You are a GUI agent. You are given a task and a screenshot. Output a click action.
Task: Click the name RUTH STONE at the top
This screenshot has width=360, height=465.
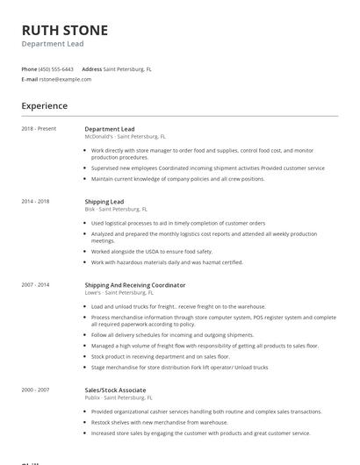pyautogui.click(x=65, y=31)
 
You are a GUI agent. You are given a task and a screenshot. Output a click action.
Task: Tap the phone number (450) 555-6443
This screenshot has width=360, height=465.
pyautogui.click(x=57, y=68)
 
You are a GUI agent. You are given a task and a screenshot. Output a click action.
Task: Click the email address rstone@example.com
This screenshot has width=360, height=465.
pyautogui.click(x=65, y=79)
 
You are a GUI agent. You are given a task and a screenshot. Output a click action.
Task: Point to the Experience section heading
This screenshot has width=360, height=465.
pyautogui.click(x=45, y=106)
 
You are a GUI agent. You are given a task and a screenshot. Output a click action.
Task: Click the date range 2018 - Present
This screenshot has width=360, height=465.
pyautogui.click(x=39, y=129)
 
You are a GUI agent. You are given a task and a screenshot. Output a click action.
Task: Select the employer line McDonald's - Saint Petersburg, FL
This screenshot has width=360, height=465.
pyautogui.click(x=126, y=137)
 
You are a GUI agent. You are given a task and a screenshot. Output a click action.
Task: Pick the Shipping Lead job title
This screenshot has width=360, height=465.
pyautogui.click(x=104, y=201)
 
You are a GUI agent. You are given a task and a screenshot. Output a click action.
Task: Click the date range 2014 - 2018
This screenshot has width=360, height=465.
pyautogui.click(x=35, y=201)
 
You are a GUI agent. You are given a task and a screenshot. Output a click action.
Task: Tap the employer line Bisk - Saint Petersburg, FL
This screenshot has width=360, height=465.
pyautogui.click(x=116, y=209)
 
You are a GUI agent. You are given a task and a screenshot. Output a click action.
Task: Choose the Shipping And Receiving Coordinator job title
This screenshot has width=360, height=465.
pyautogui.click(x=134, y=285)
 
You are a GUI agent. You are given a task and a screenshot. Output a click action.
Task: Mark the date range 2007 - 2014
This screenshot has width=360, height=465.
pyautogui.click(x=35, y=285)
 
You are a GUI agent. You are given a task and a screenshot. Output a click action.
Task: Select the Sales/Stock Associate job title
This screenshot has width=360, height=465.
pyautogui.click(x=115, y=390)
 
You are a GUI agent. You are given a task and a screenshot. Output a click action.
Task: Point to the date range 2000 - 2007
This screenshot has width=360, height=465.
pyautogui.click(x=35, y=390)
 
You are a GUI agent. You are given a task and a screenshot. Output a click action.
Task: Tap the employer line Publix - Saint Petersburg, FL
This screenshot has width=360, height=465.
pyautogui.click(x=119, y=397)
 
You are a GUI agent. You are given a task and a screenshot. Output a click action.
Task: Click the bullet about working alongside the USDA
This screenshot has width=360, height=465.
pyautogui.click(x=152, y=251)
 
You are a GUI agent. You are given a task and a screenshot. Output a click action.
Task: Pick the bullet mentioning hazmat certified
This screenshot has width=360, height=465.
pyautogui.click(x=167, y=261)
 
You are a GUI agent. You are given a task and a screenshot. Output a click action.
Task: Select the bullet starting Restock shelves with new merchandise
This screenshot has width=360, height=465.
pyautogui.click(x=165, y=422)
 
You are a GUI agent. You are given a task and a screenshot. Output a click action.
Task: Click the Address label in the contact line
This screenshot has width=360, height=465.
pyautogui.click(x=92, y=68)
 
